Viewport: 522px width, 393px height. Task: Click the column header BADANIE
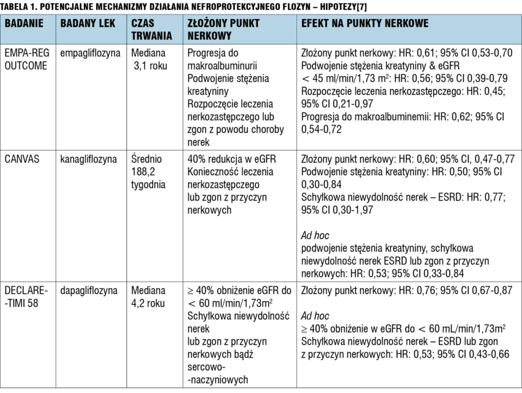(24, 24)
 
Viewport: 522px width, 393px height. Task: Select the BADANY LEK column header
(88, 24)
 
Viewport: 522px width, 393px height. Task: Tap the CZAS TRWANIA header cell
(152, 29)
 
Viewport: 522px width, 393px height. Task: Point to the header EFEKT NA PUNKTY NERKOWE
(365, 24)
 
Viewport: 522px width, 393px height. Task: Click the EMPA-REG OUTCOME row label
(27, 59)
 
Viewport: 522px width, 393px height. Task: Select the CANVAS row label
(22, 159)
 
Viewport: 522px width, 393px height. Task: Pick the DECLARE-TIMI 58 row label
(26, 297)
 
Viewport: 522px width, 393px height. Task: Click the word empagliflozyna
(90, 53)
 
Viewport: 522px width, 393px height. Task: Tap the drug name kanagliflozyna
(88, 159)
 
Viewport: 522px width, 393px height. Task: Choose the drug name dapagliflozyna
(89, 291)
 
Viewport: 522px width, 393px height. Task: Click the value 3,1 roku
(150, 66)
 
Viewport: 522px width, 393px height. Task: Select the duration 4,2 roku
(148, 303)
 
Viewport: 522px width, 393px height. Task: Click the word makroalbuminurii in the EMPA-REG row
(222, 65)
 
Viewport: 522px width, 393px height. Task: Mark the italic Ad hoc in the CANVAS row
(315, 236)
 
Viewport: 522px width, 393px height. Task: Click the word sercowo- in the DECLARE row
(207, 367)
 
